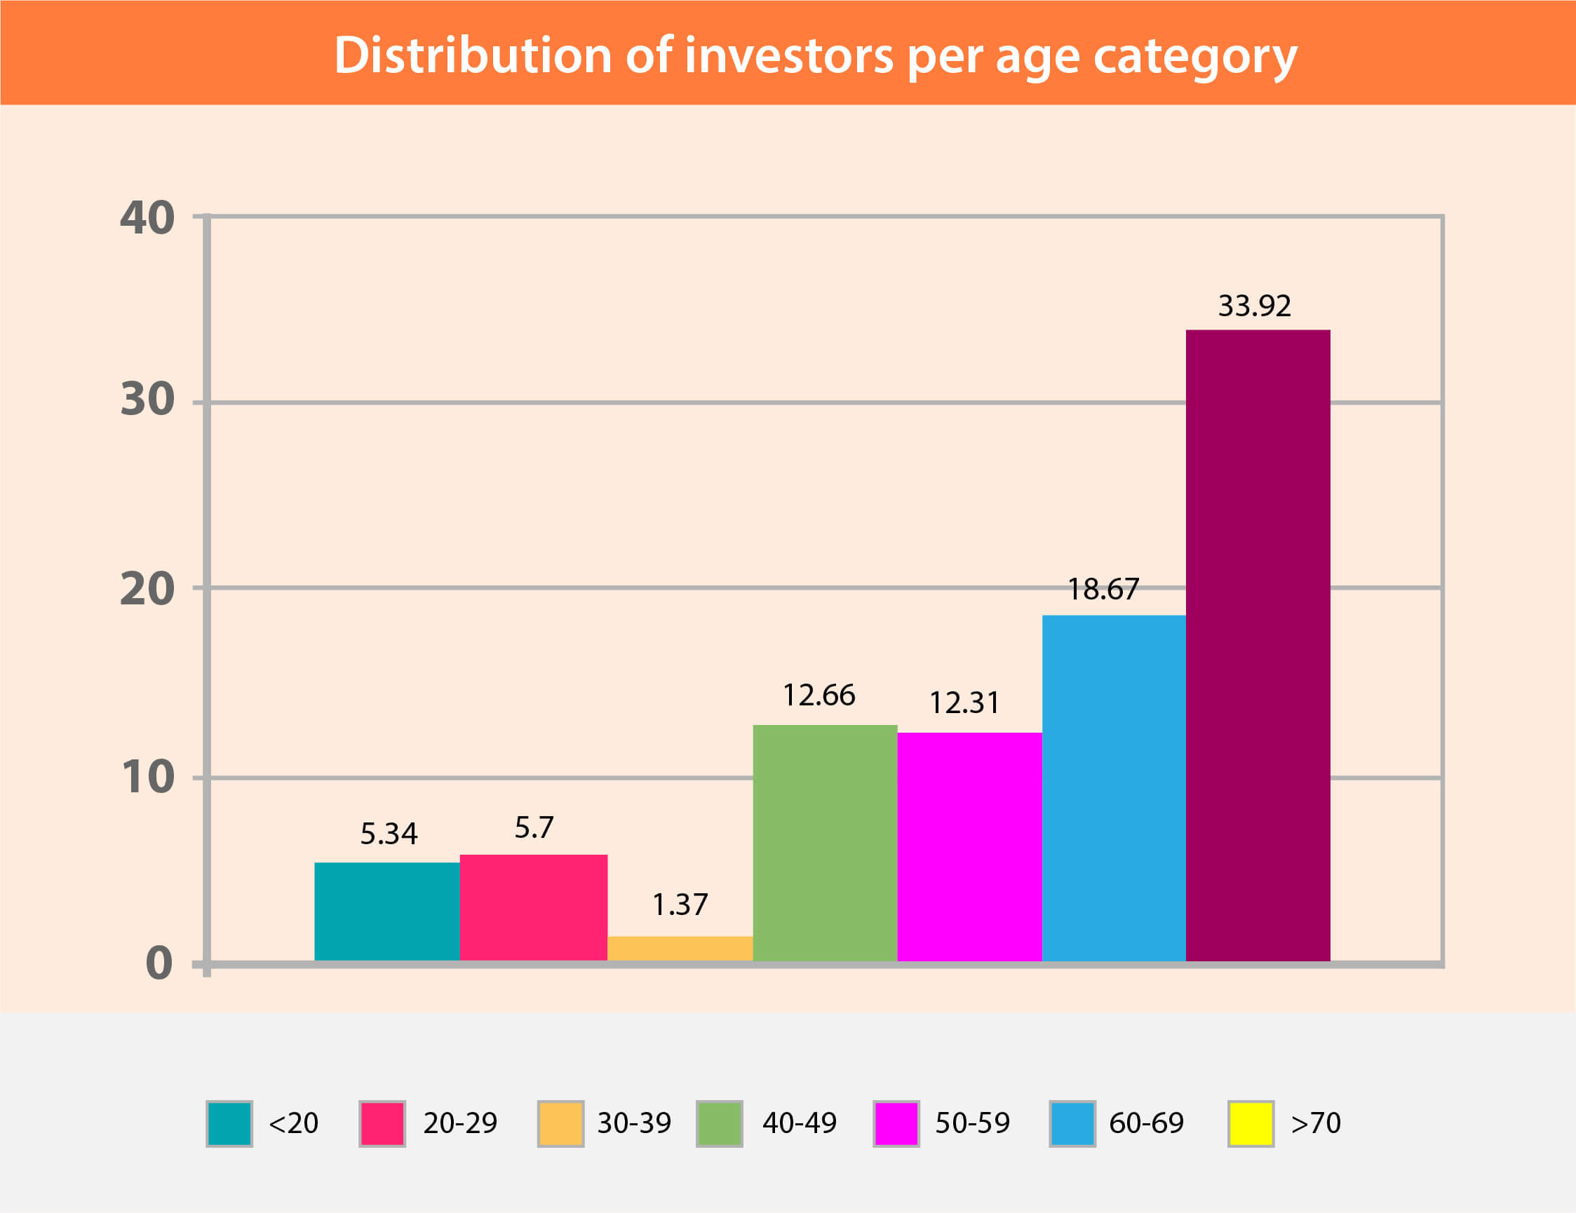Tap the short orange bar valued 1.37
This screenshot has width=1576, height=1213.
tap(680, 948)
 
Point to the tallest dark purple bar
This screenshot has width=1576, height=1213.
tap(1258, 645)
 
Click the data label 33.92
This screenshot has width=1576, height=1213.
tap(1254, 306)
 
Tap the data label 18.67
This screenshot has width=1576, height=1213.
tap(1103, 590)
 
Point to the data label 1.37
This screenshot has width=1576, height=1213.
tap(680, 904)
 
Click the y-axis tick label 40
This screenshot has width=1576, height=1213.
tap(147, 218)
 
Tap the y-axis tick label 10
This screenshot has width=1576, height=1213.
tap(147, 777)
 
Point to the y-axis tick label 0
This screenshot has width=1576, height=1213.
tap(159, 963)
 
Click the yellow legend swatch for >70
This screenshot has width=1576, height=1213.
tap(1251, 1123)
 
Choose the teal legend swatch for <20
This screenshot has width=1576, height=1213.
tap(229, 1123)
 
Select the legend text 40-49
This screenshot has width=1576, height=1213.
tap(800, 1123)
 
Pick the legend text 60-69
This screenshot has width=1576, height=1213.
tap(1146, 1123)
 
